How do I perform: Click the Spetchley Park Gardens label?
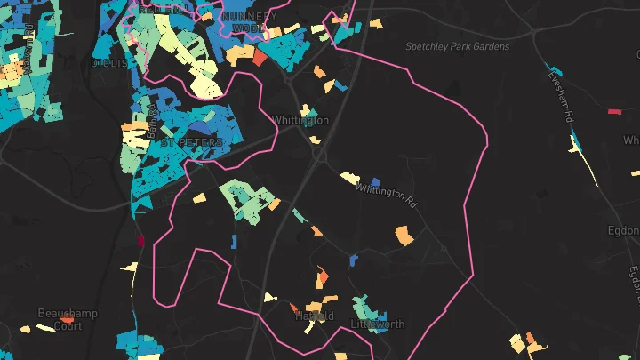click(457, 46)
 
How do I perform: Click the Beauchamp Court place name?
click(67, 320)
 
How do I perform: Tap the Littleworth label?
click(378, 324)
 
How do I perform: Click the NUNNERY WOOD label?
click(249, 22)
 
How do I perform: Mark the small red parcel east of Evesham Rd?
click(613, 112)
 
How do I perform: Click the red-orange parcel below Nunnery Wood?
click(260, 57)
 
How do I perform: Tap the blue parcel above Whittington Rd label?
click(375, 181)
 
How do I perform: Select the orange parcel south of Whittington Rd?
click(404, 236)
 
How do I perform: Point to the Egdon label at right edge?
click(623, 229)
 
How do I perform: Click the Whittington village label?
click(300, 120)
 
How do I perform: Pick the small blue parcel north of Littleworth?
click(354, 260)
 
